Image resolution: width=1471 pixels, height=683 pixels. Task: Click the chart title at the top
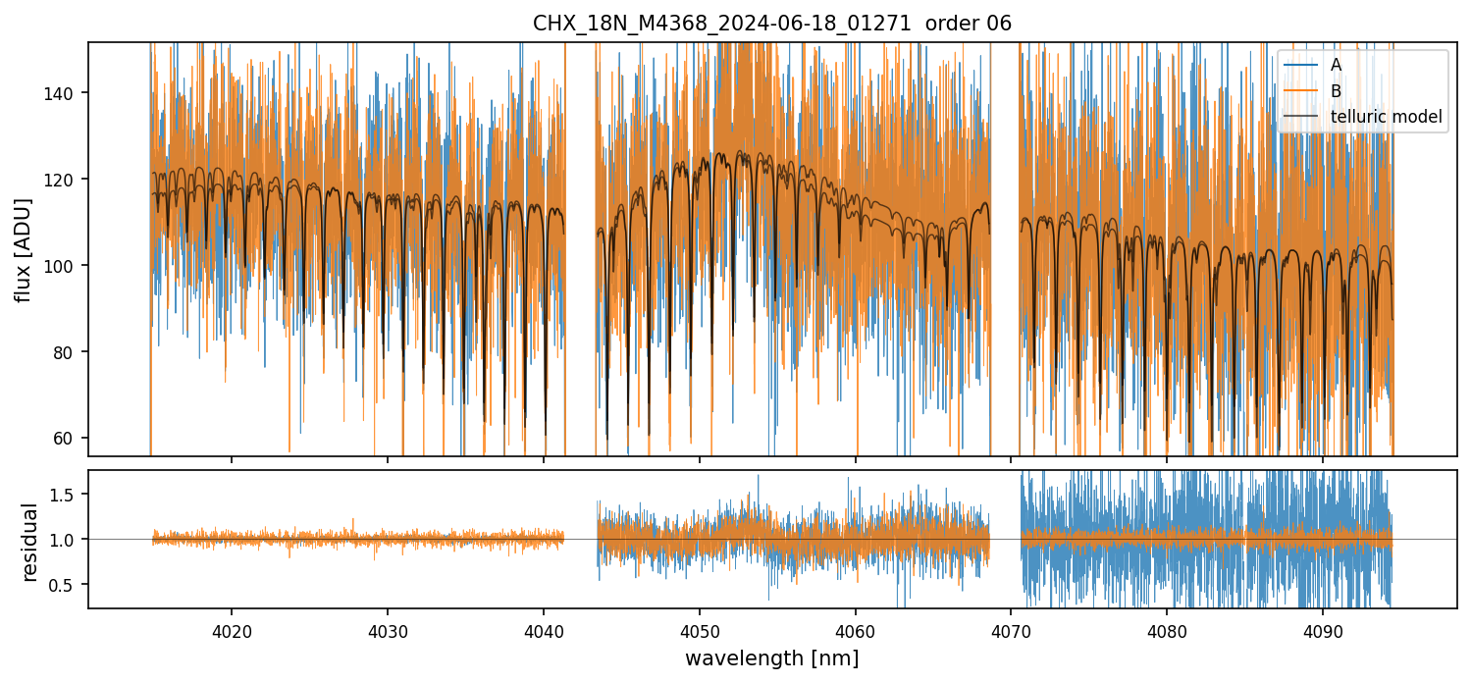click(771, 24)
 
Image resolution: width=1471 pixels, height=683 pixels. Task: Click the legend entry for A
click(1337, 66)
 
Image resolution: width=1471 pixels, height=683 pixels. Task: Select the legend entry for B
click(1337, 91)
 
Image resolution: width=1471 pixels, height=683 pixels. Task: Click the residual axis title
click(29, 542)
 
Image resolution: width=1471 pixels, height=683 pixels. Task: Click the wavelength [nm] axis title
click(771, 657)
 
